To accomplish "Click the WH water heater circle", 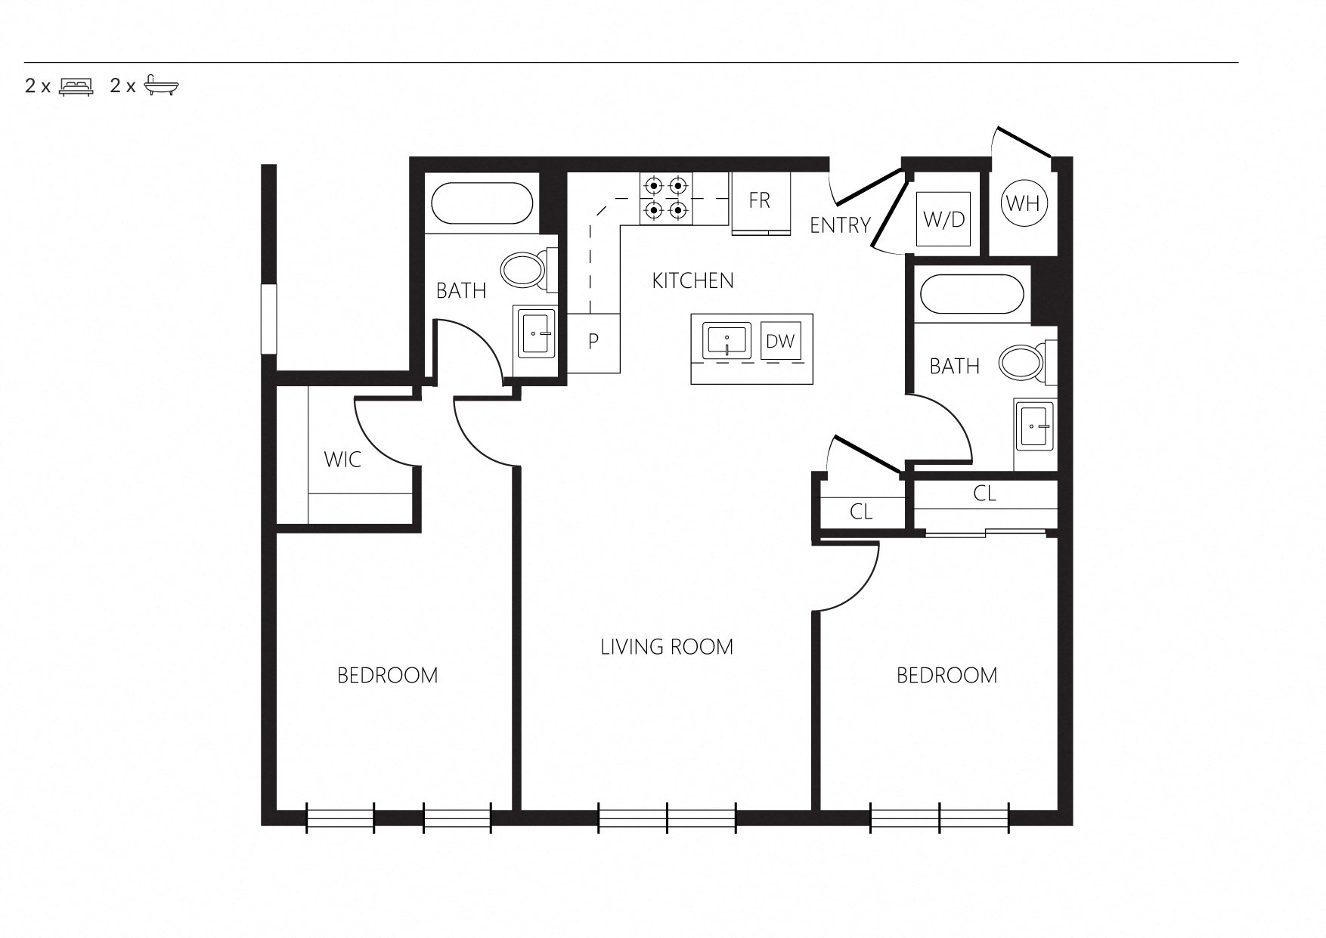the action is point(1023,203).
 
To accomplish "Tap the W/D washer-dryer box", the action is point(944,219).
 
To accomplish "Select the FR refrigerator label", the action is point(760,200).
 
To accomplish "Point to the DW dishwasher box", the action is point(781,341).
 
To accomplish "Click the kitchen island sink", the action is point(727,340).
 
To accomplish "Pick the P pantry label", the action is point(593,342).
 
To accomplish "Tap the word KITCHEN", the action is point(692,281).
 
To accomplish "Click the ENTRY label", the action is point(840,225).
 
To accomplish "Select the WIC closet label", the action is point(342,460).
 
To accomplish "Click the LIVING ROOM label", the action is point(667,647).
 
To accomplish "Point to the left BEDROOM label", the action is point(388,675).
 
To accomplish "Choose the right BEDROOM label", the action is point(947,675).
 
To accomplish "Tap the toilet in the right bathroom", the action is point(1027,362).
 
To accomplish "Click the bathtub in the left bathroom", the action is point(483,203).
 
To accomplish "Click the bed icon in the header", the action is point(76,85).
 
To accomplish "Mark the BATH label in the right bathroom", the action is point(955,367).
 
